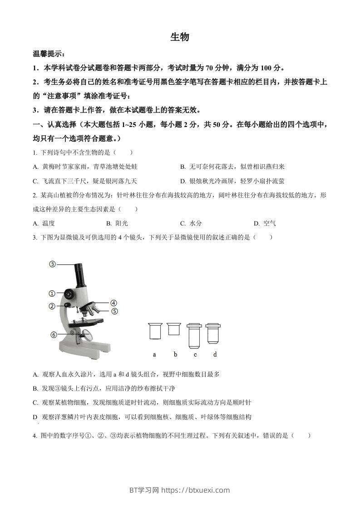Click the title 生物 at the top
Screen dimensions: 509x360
pos(179,37)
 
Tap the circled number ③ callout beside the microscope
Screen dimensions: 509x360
pos(53,264)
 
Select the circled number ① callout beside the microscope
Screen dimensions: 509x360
pos(52,293)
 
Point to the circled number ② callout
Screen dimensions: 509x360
pos(52,306)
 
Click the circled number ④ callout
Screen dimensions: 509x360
pos(113,303)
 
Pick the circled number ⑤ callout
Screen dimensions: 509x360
pos(114,311)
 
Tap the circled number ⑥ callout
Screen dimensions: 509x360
pos(54,335)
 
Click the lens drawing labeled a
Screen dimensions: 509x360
pos(155,331)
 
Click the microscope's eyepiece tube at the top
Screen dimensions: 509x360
pos(80,274)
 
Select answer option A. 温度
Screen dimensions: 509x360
pos(44,223)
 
